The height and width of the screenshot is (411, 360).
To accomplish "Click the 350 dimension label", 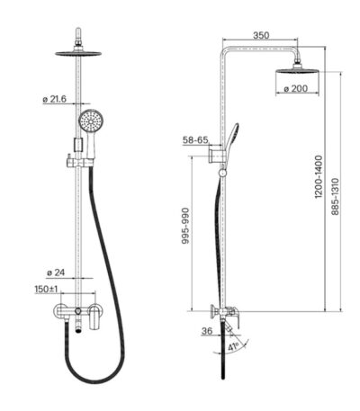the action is click(261, 35).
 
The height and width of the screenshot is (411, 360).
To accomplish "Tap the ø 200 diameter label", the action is click(296, 88).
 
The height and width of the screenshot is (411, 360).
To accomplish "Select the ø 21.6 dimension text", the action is click(54, 99).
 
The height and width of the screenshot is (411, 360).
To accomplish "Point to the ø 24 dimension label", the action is click(56, 273).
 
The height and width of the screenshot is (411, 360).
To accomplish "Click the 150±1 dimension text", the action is click(46, 289).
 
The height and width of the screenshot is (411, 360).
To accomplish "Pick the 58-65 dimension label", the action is click(195, 140).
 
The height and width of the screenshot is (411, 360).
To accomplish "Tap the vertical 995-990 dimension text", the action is click(185, 226).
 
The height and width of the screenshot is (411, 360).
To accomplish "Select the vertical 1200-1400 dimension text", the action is click(319, 176).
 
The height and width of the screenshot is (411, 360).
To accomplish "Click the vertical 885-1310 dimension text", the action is click(335, 196).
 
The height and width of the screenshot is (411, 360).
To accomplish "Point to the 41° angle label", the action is click(233, 347).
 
